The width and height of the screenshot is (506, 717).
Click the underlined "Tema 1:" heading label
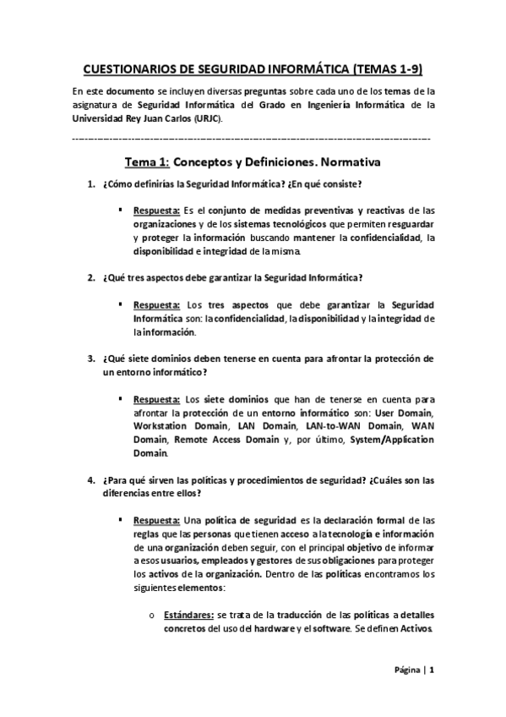[x=149, y=161]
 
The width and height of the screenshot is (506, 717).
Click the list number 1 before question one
[x=91, y=184]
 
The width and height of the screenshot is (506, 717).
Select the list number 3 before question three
[x=91, y=358]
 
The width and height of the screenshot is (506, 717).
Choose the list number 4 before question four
[x=91, y=480]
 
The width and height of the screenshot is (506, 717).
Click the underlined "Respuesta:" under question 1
[x=156, y=210]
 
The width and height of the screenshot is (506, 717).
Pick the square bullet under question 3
[x=123, y=399]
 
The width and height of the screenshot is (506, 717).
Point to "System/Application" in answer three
[x=389, y=440]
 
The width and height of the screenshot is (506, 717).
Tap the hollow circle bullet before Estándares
[x=150, y=616]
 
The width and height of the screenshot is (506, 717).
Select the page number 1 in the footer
[x=432, y=671]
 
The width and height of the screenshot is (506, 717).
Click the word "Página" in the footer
[x=408, y=671]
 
